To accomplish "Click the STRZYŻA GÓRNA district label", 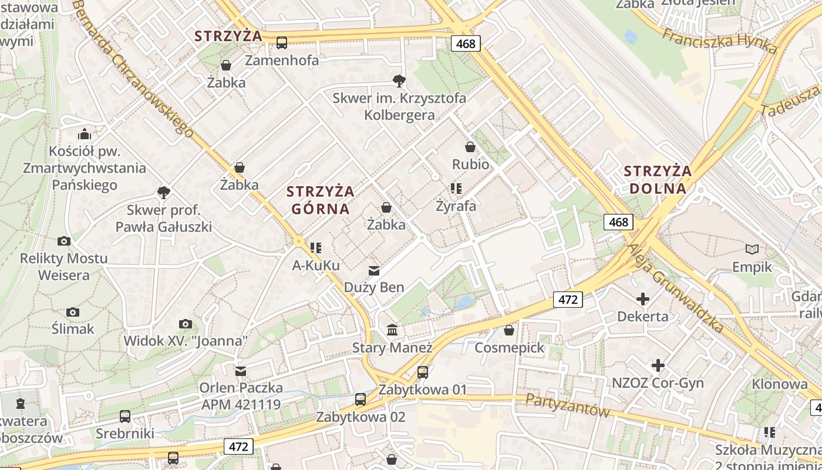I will click(x=321, y=200).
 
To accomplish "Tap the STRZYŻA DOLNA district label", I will click(x=658, y=180).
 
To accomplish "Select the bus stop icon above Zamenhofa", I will click(x=282, y=42).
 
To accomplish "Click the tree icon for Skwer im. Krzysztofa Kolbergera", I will click(x=399, y=80).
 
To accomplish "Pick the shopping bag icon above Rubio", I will click(x=470, y=146).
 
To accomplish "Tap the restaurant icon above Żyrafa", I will click(x=456, y=189).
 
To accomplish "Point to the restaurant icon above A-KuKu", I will click(x=316, y=248).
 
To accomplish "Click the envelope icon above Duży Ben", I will click(x=374, y=270).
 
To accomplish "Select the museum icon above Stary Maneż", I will click(x=392, y=330).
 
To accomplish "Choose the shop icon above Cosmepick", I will click(x=509, y=330).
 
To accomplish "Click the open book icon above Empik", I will click(x=752, y=250).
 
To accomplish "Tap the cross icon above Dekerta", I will click(x=643, y=299).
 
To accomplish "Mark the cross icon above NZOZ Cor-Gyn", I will click(x=658, y=365).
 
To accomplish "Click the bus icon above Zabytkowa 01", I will click(x=423, y=372).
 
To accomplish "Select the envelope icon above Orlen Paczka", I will click(x=241, y=371).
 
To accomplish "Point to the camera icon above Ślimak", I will click(x=73, y=312).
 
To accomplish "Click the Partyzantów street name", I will click(x=567, y=405).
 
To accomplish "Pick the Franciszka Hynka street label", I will click(x=719, y=41).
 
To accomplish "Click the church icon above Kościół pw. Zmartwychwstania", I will click(x=85, y=134).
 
